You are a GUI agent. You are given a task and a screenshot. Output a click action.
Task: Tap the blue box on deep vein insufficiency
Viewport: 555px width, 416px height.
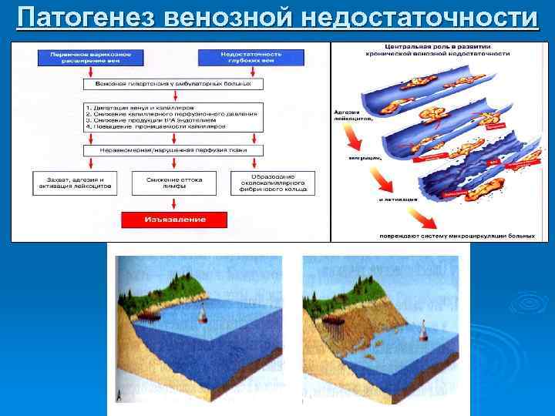(x=240, y=58)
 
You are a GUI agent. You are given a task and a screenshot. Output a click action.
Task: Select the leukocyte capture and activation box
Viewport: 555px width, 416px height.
(x=74, y=183)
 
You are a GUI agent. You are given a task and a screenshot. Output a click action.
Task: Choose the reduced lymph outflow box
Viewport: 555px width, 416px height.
(x=173, y=183)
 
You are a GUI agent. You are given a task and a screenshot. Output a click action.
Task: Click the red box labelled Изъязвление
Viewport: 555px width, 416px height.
(x=174, y=220)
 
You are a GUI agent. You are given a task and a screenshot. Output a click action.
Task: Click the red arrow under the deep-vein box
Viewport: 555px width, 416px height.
(x=240, y=72)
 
